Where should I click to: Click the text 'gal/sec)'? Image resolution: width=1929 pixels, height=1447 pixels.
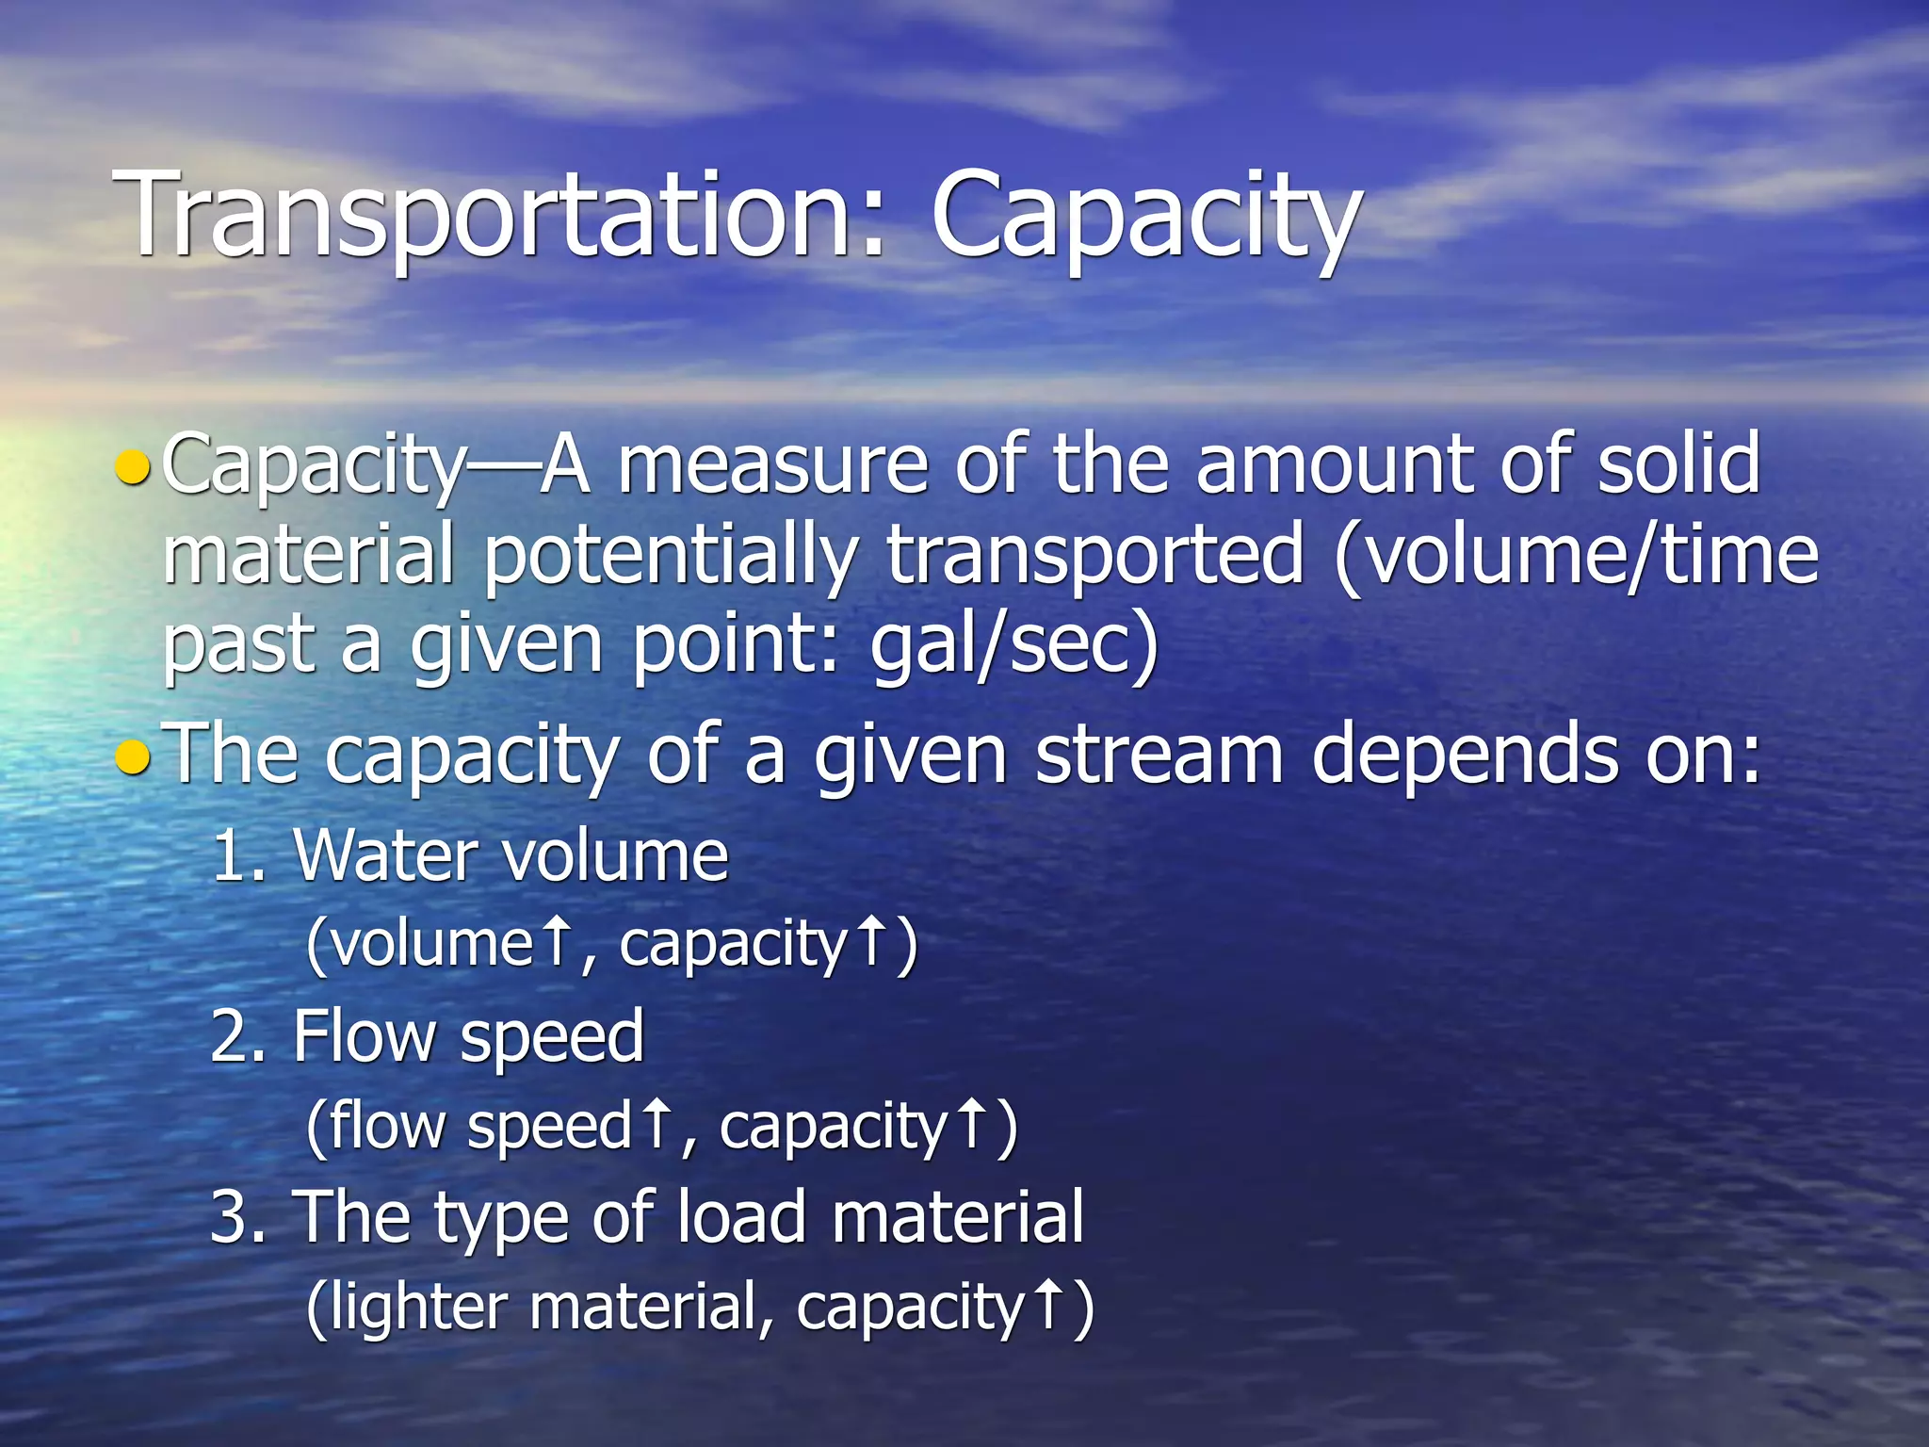point(1013,646)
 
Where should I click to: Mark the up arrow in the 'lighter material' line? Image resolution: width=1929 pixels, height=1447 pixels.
point(1048,1306)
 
